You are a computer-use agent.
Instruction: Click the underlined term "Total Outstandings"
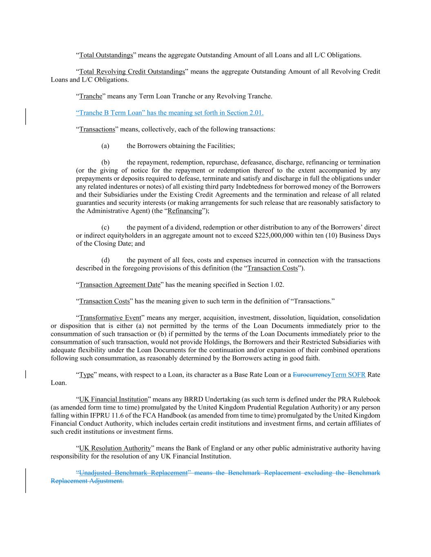(106, 55)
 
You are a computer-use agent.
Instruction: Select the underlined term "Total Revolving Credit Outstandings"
(132, 72)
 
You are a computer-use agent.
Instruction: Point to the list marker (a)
(105, 146)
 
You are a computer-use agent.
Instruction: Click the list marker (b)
(105, 162)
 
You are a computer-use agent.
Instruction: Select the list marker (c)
(105, 227)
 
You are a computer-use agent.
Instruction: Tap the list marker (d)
(105, 260)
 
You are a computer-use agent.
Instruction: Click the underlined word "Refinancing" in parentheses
(185, 211)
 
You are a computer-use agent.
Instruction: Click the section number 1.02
(276, 285)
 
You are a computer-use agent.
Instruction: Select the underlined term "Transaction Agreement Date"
(120, 285)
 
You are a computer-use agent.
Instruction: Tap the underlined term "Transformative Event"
(110, 318)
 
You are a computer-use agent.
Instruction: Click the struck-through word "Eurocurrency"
(312, 375)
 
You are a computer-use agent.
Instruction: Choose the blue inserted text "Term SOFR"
(348, 375)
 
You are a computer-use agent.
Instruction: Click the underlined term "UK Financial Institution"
(113, 399)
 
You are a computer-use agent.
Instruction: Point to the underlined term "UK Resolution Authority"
(115, 448)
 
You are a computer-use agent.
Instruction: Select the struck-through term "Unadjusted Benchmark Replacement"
(133, 473)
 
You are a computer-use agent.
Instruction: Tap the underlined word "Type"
(86, 375)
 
